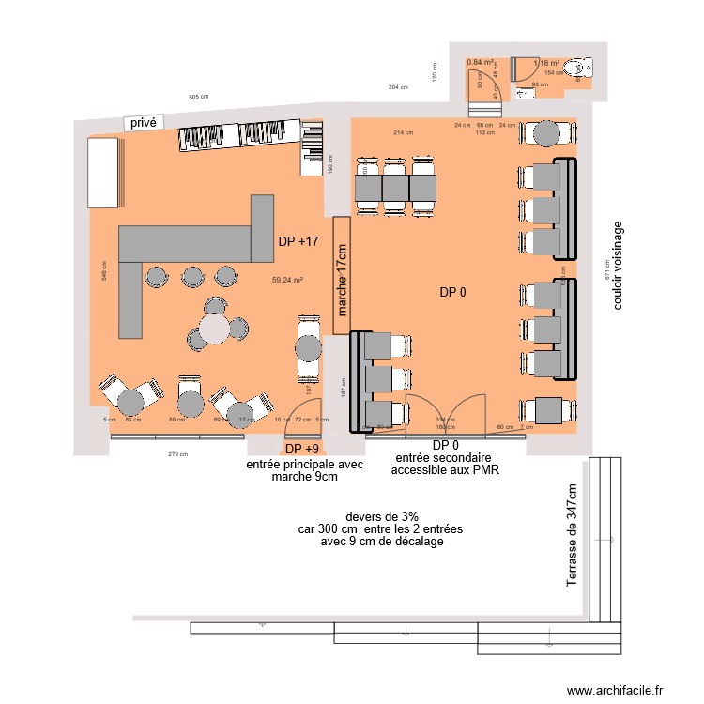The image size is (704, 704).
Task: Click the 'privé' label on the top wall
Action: [x=144, y=122]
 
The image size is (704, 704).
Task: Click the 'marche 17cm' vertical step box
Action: [x=342, y=276]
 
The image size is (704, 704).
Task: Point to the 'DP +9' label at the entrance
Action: [x=302, y=449]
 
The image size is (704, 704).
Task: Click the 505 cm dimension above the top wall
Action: [x=198, y=98]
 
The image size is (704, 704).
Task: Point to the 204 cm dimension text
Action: [x=398, y=87]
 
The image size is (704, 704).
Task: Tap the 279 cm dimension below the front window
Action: [x=178, y=454]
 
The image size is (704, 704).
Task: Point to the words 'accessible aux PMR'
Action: [x=445, y=470]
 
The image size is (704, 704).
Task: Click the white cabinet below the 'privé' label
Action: [x=104, y=172]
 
